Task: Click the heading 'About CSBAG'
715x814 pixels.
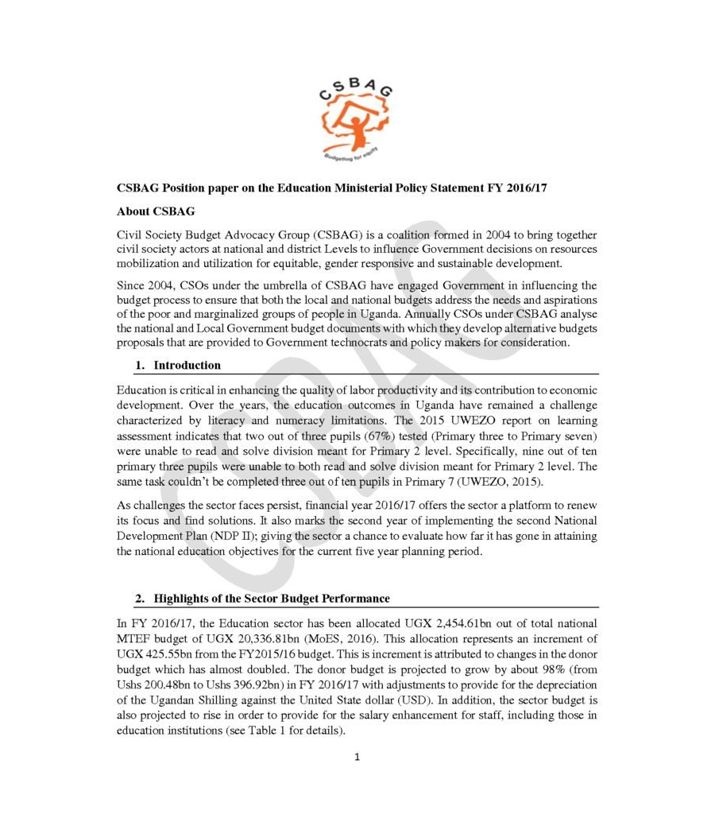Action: [155, 211]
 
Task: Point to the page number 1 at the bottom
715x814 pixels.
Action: [357, 756]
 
